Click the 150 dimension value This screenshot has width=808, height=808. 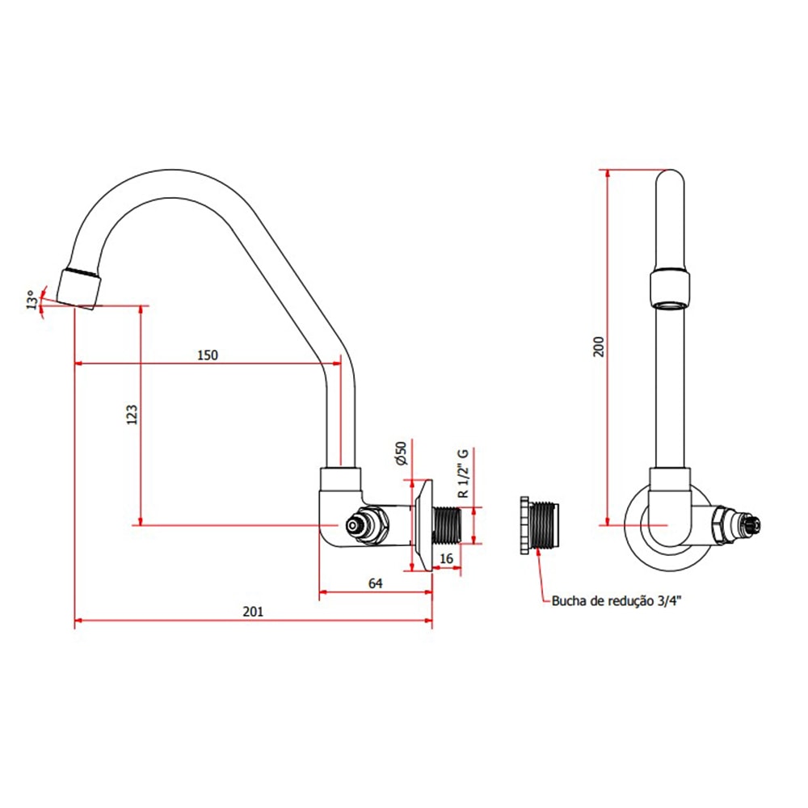208,355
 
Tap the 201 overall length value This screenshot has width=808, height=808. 253,612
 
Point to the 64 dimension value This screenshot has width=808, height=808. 375,583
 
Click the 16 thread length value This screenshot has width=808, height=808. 447,558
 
